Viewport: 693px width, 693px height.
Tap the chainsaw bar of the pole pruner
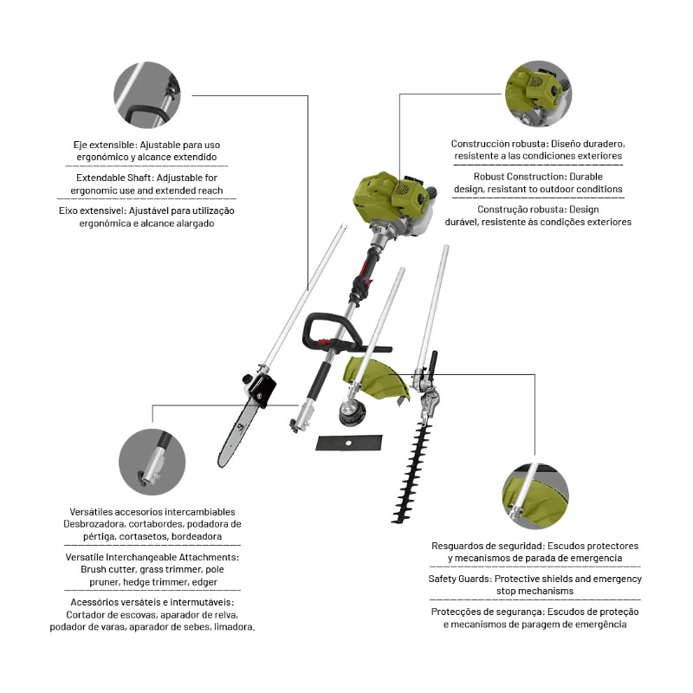coord(237,434)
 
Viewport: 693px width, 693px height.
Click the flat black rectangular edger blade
coord(349,443)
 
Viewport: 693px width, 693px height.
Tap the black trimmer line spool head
coord(353,413)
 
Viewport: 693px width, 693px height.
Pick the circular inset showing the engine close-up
coord(538,94)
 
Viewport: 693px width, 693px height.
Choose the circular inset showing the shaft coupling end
coord(152,462)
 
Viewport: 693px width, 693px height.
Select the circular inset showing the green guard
coord(535,495)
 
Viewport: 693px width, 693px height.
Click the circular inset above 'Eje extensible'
coord(147,95)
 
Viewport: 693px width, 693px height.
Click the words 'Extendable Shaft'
coord(114,178)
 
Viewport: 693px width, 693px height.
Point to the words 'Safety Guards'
coord(459,579)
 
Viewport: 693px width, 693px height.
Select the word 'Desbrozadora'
coord(94,524)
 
